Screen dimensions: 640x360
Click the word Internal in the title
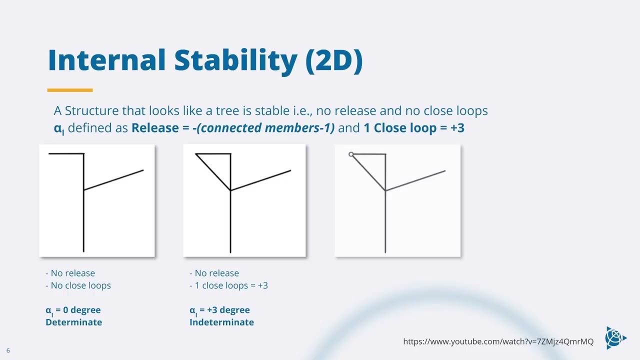(107, 60)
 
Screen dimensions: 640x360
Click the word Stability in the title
(236, 61)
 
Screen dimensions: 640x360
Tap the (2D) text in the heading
(334, 61)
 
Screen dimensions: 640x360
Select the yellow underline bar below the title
(70, 90)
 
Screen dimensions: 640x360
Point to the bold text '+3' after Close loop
(457, 127)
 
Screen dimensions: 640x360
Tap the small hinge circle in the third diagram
(351, 154)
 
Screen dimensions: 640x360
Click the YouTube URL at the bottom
(498, 341)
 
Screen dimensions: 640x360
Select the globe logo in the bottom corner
(615, 338)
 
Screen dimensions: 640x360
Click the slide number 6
(8, 350)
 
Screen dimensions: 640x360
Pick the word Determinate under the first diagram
(73, 322)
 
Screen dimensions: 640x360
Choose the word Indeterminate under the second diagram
(221, 322)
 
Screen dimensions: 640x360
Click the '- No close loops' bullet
(78, 285)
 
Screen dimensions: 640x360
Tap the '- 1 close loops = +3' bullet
(228, 285)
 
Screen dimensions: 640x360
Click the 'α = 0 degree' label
(73, 310)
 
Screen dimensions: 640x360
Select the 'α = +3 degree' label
(219, 310)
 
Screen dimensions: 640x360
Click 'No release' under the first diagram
(73, 273)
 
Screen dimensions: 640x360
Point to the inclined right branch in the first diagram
(113, 180)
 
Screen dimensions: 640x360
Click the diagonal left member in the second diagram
(213, 172)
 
